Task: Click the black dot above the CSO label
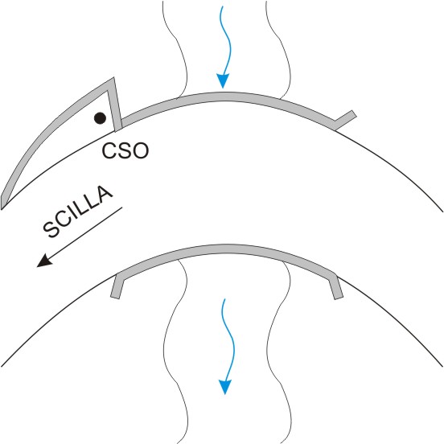coord(100,118)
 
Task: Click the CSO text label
coord(125,150)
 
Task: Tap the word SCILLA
coord(78,212)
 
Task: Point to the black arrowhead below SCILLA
coord(44,261)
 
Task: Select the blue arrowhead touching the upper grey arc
coord(223,81)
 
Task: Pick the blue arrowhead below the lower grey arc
coord(225,387)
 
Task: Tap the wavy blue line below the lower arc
coord(229,339)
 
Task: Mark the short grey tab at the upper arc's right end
coord(344,120)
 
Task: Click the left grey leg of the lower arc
coord(117,286)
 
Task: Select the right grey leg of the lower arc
coord(335,286)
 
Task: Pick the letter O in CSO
coord(140,150)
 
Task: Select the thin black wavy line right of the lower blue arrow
coord(279,351)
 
